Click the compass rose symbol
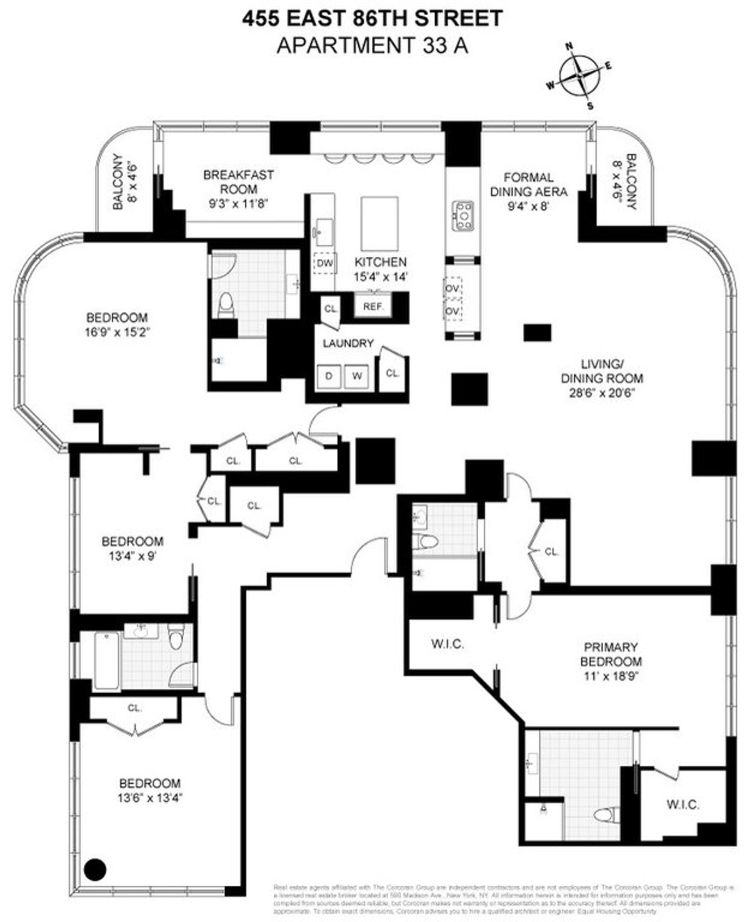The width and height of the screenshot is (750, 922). [x=579, y=75]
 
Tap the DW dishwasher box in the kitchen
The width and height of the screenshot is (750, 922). [x=324, y=263]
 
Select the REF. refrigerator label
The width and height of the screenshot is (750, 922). [x=373, y=306]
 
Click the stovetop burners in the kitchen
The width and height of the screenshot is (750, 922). [x=463, y=215]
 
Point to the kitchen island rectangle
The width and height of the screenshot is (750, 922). [x=379, y=223]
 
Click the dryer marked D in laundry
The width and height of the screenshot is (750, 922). [x=329, y=376]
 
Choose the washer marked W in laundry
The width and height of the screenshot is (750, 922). [x=357, y=376]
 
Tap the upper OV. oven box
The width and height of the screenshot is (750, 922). [x=452, y=288]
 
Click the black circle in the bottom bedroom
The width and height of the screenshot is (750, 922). [x=96, y=868]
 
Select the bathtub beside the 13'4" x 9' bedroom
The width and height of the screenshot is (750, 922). [x=106, y=660]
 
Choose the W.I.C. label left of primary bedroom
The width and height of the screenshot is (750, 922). [x=447, y=644]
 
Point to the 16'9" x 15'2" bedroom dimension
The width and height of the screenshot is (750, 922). [x=117, y=332]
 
